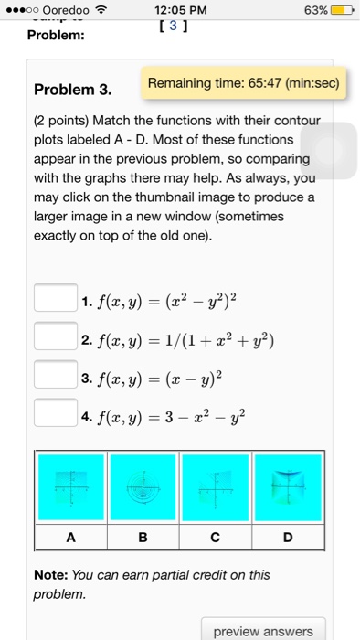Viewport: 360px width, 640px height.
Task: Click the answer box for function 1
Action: coord(55,299)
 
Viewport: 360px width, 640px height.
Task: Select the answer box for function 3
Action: coord(55,375)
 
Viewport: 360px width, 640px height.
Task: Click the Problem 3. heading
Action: coord(72,91)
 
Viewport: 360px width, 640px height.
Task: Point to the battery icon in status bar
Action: coord(342,11)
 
